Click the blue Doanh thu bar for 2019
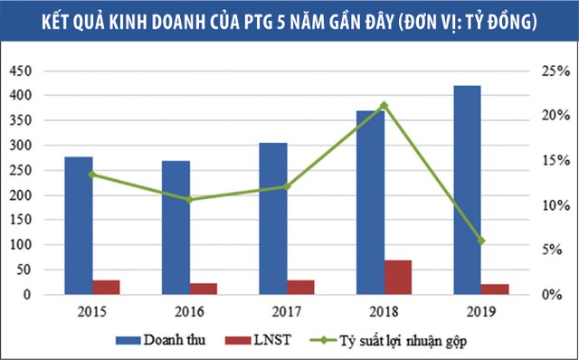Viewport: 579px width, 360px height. point(468,190)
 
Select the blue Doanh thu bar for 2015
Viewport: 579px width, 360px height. point(79,226)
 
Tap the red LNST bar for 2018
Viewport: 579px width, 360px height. point(398,277)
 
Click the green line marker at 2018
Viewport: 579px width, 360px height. point(384,106)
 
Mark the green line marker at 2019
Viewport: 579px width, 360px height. point(481,241)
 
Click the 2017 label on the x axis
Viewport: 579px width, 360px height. point(287,311)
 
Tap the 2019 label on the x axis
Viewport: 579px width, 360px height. point(481,311)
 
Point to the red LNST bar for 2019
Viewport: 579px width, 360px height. point(496,289)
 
